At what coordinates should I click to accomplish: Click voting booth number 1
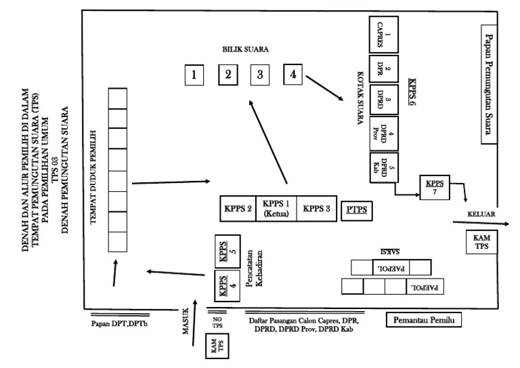[194, 75]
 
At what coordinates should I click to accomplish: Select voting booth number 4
[292, 74]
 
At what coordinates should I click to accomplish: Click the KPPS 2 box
[238, 209]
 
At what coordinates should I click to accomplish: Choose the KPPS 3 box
[317, 209]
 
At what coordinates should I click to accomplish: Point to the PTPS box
[357, 209]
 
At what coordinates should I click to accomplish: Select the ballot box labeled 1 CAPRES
[383, 35]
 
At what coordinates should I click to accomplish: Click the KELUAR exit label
[482, 215]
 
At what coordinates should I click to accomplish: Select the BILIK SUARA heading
[246, 50]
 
